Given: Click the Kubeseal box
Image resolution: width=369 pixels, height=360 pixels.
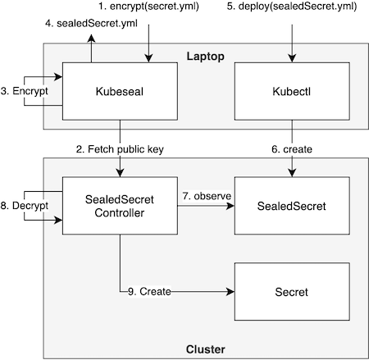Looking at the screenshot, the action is (x=120, y=91).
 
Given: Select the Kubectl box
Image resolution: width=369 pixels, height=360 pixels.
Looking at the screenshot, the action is (x=292, y=91).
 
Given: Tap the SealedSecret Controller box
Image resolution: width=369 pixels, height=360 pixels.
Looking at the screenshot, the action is (x=120, y=206).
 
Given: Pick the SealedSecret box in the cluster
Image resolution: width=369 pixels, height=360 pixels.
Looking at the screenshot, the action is (x=292, y=206).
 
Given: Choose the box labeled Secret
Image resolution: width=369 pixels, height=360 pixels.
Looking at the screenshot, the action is (x=292, y=292).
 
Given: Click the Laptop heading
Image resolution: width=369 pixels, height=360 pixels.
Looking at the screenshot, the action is (x=206, y=57).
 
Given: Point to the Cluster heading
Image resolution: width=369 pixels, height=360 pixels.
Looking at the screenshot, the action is (x=206, y=349).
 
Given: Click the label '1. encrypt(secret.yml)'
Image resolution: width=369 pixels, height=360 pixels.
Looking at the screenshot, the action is (x=148, y=7).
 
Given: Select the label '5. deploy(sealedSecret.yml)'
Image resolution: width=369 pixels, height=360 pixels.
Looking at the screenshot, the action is (x=292, y=7).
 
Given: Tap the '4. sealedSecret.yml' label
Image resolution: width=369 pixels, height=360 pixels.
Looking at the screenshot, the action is (x=92, y=23).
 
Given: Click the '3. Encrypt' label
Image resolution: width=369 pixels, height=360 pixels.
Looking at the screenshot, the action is (x=24, y=91).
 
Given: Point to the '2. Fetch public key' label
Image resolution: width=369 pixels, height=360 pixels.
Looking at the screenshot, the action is (x=120, y=149).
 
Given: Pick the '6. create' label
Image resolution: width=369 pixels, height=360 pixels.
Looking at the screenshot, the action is (x=292, y=149).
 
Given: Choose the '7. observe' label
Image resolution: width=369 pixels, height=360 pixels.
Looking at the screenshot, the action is (x=207, y=196).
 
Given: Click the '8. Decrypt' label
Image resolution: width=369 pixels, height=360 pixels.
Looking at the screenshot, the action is (x=24, y=206).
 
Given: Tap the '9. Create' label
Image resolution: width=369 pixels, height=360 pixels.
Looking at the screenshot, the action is (x=149, y=291).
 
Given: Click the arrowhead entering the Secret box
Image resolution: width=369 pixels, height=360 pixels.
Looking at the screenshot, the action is (x=230, y=292).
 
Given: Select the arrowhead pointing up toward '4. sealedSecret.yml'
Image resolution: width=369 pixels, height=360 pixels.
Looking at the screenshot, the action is (x=91, y=39).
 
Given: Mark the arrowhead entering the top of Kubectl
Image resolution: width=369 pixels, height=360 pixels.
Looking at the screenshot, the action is (x=292, y=58).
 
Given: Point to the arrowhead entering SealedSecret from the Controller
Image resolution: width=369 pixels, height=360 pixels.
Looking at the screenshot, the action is (x=230, y=206).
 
